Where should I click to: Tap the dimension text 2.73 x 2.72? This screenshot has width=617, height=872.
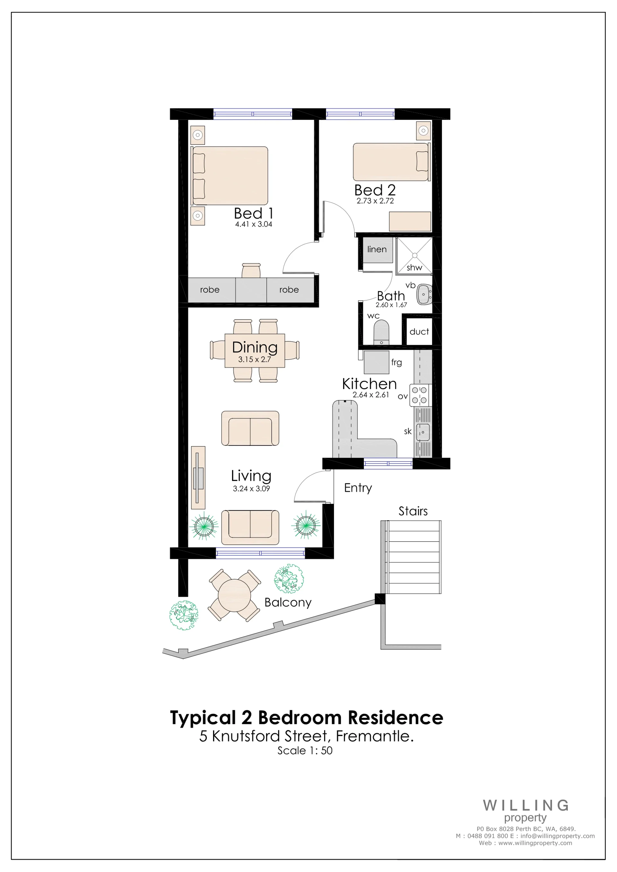375,201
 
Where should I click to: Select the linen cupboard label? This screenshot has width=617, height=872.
377,249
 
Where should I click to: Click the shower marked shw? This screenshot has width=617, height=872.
414,256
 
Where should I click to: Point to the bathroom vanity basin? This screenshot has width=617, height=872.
424,294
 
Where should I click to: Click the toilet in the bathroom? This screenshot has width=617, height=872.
381,332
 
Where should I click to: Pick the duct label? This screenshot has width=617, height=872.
419,331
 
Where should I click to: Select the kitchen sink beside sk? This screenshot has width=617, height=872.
423,432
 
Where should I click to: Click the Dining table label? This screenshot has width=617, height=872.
255,347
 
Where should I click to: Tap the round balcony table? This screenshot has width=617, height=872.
234,595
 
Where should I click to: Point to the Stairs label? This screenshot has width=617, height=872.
413,511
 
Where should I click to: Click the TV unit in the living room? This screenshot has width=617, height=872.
198,477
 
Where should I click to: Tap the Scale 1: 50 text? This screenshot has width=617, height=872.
305,751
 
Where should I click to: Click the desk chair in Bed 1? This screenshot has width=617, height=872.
251,270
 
